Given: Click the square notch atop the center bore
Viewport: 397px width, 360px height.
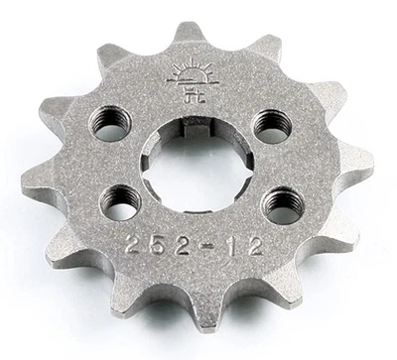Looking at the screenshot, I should [x=191, y=124].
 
